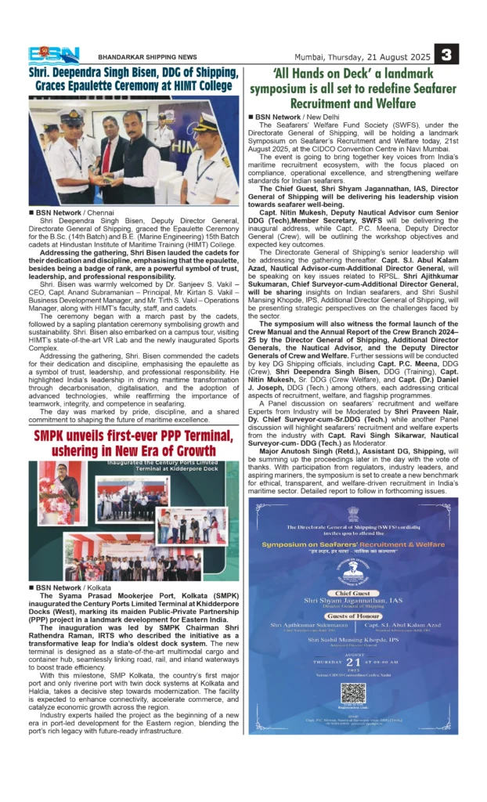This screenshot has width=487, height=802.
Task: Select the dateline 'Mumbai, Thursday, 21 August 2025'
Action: [x=362, y=56]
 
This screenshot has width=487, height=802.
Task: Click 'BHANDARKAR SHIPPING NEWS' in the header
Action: [x=147, y=56]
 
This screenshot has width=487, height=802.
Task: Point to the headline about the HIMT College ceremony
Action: [x=134, y=80]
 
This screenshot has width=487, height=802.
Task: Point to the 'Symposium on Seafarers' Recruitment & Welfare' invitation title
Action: [x=352, y=544]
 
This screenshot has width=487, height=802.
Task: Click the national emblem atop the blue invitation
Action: [x=353, y=515]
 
